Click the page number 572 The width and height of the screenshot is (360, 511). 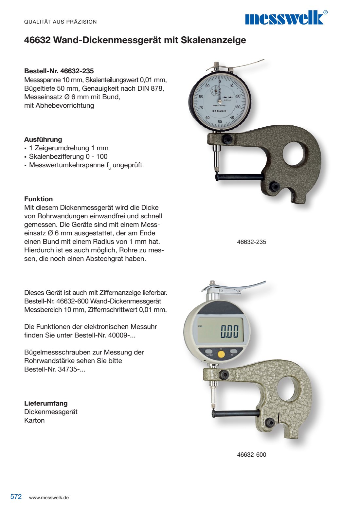coord(16,497)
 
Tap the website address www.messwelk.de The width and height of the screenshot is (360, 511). coord(49,498)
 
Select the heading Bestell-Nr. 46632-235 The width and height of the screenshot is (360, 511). coord(59,71)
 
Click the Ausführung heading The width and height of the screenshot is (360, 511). coord(43,139)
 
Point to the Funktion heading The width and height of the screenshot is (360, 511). coord(38,199)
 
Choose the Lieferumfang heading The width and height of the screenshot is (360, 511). coord(46,403)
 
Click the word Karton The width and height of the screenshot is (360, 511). coord(34,420)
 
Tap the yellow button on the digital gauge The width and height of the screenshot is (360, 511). coord(221,354)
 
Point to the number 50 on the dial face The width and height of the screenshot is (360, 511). coord(220,122)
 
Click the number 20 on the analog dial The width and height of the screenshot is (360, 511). coord(238,96)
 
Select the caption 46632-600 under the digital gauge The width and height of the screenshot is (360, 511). coord(251,455)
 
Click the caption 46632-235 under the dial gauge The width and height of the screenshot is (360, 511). coord(251,242)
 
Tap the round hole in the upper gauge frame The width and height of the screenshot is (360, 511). coord(293,153)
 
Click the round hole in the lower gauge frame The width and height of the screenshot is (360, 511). coord(287,389)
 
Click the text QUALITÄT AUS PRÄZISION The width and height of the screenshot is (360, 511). coord(61,22)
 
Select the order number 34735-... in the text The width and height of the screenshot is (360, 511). coord(71,369)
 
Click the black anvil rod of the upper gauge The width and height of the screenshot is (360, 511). coord(239,177)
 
